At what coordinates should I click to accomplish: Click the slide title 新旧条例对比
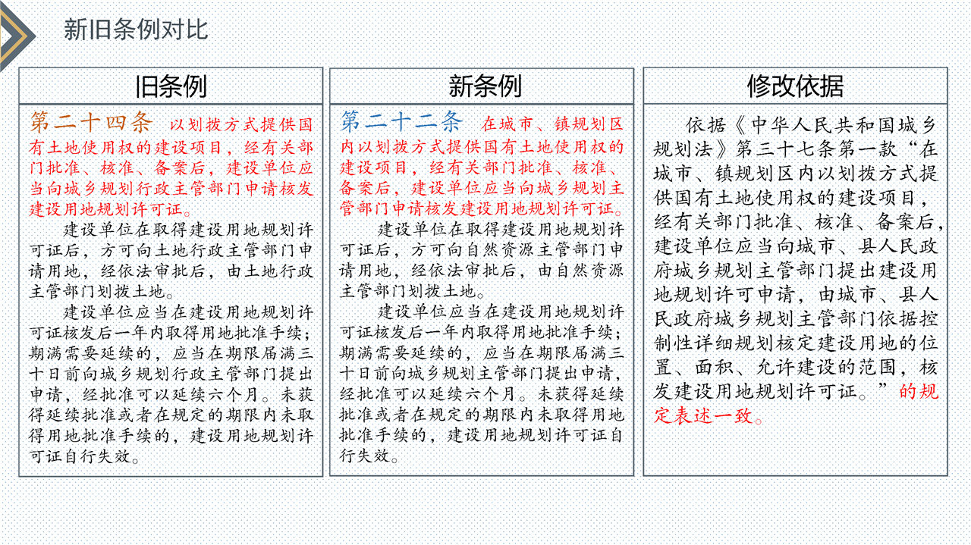point(136,30)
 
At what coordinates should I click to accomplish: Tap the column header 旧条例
point(171,86)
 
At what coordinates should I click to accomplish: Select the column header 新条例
point(485,86)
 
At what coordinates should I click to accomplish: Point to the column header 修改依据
point(796,86)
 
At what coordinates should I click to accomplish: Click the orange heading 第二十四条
point(92,122)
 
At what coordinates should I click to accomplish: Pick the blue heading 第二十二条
point(402,121)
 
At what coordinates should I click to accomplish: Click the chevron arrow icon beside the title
point(17,36)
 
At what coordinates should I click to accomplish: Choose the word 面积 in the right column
point(715,368)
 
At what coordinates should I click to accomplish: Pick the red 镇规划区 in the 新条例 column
point(589,125)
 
